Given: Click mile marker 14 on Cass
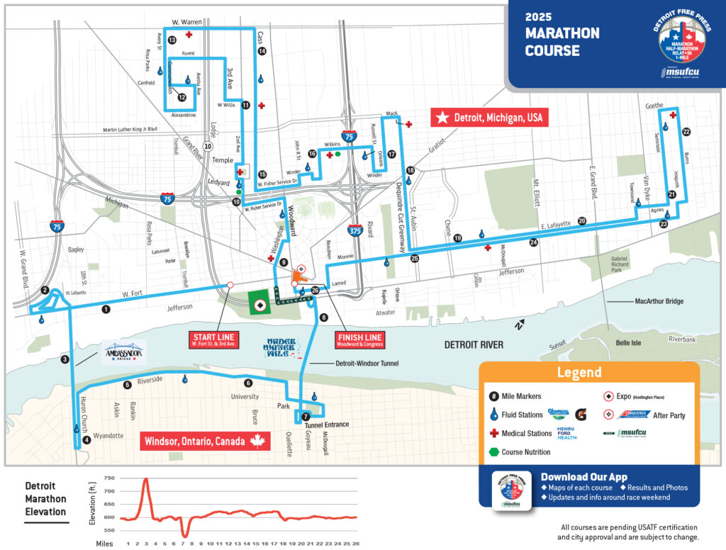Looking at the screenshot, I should coord(262,51).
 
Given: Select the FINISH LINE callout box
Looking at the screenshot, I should coord(359,339).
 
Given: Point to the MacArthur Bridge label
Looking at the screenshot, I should coord(659,301).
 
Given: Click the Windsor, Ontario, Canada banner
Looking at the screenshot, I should coord(205,441).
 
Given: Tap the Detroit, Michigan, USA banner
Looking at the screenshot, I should coord(490,118).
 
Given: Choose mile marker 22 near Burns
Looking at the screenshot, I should coord(686,132).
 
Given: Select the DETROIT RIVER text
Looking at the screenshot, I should coord(474,344).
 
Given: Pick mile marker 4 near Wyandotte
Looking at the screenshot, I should coord(86,439).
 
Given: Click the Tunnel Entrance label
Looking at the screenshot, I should coord(327,425).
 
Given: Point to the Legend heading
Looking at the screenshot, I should coord(579,372).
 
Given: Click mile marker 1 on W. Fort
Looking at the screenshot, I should coord(106,309).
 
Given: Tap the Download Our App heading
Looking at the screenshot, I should coord(583,476).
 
